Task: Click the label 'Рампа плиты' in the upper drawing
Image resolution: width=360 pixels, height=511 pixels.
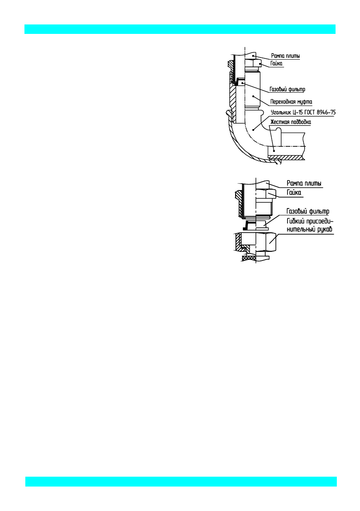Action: coord(285,56)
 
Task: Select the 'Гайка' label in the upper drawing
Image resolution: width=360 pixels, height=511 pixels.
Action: coord(276,64)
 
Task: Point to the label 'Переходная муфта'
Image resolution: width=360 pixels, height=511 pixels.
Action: coord(291,102)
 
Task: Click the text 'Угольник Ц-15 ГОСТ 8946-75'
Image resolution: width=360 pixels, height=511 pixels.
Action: coord(303,112)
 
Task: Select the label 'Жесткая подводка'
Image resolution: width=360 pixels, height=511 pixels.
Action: coord(290,122)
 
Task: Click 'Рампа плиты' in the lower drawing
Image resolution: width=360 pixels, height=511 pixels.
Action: coord(304,184)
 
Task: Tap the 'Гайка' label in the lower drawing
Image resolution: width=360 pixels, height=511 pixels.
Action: coord(294,193)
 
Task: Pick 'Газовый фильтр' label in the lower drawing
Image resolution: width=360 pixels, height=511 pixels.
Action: coord(308,212)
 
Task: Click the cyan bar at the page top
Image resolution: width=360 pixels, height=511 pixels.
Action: coord(180,29)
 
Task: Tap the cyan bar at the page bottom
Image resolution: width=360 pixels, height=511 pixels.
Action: coord(181,481)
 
